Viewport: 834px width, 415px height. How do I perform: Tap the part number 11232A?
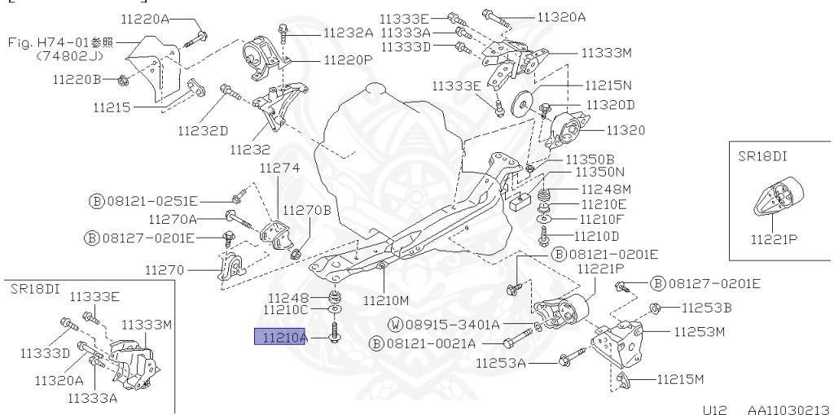(348, 33)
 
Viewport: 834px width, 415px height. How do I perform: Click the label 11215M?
(679, 379)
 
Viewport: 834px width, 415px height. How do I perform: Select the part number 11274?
(279, 168)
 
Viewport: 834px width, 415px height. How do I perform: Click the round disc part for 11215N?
(520, 106)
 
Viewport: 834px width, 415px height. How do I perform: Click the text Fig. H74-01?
(49, 41)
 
